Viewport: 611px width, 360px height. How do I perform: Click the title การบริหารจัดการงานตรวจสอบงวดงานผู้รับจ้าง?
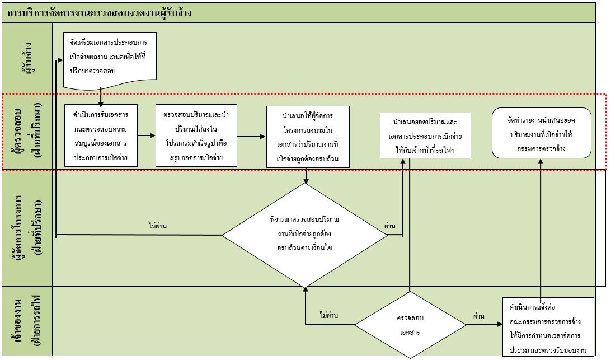pyautogui.click(x=100, y=13)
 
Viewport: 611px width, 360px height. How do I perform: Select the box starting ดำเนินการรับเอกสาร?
pyautogui.click(x=101, y=135)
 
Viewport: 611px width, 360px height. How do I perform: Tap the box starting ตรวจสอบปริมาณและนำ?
pyautogui.click(x=196, y=135)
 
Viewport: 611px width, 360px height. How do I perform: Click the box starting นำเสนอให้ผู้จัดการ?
pyautogui.click(x=308, y=137)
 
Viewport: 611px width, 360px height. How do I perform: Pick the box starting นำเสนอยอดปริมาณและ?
pyautogui.click(x=425, y=135)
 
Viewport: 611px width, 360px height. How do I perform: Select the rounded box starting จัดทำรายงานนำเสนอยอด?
pyautogui.click(x=542, y=133)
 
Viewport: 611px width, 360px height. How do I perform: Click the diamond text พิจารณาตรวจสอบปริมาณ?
pyautogui.click(x=305, y=219)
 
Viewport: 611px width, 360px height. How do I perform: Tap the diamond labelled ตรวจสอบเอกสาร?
pyautogui.click(x=410, y=325)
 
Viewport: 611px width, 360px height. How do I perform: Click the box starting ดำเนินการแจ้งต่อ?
pyautogui.click(x=548, y=326)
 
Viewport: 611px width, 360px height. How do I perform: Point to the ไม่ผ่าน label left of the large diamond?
pyautogui.click(x=158, y=226)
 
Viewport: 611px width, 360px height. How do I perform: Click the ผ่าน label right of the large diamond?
pyautogui.click(x=389, y=226)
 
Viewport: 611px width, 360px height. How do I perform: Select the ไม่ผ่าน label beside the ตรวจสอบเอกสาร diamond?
pyautogui.click(x=328, y=315)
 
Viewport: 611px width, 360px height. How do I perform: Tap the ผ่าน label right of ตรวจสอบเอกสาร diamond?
pyautogui.click(x=479, y=316)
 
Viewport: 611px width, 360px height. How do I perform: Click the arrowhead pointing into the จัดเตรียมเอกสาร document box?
pyautogui.click(x=60, y=60)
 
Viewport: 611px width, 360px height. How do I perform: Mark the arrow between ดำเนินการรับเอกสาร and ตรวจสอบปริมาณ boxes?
pyautogui.click(x=147, y=135)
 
